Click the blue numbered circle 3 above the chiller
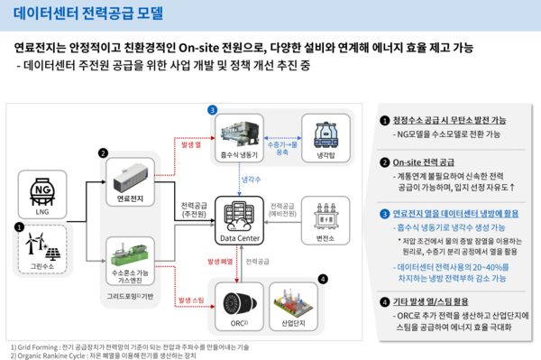click(x=212, y=110)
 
